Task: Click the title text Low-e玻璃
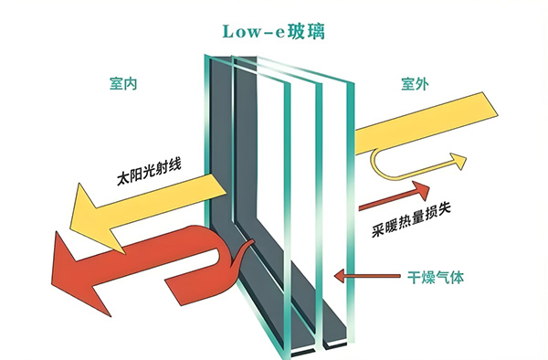pos(274,31)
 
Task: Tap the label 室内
pos(123,84)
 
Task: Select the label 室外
pos(415,84)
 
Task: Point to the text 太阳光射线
pos(149,173)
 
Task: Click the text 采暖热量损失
pos(411,220)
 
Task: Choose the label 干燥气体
pos(436,278)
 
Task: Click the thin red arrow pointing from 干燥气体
pos(367,276)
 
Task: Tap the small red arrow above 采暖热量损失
pos(395,196)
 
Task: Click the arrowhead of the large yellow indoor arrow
pos(71,228)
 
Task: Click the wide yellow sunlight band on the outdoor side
pos(426,123)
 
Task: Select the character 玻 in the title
pos(296,31)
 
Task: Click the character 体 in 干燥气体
pos(458,278)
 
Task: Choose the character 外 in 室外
pos(422,84)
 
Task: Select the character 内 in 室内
pos(131,84)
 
